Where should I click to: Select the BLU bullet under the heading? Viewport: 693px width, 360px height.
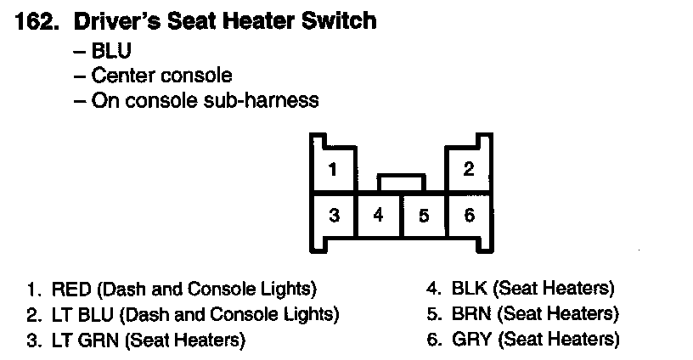tap(110, 51)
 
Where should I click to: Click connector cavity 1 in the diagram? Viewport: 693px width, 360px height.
tap(333, 169)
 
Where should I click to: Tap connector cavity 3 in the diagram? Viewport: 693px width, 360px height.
tap(334, 216)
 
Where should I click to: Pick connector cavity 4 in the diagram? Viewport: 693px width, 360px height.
tap(379, 216)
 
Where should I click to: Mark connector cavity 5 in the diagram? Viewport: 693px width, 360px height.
tap(424, 216)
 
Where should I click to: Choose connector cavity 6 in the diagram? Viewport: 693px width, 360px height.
tap(469, 216)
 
